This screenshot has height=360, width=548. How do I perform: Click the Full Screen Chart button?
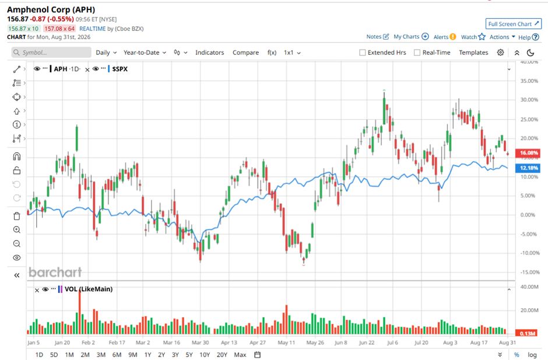pos(514,24)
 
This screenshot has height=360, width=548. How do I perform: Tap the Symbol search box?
pos(51,53)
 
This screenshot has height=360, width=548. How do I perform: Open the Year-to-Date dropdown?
pos(145,53)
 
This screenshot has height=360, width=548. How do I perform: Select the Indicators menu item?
pos(210,53)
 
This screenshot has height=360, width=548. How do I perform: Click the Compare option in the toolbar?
pos(245,53)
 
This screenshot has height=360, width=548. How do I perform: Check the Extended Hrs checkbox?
pos(363,53)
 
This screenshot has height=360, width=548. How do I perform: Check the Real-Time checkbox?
pos(417,53)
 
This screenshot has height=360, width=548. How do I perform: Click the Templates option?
pos(473,53)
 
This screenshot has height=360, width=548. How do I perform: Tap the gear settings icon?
pos(500,53)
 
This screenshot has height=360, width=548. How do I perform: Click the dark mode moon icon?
pos(531,53)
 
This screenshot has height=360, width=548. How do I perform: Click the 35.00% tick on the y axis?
pos(529,81)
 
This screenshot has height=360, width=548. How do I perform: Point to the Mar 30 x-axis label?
pos(201,342)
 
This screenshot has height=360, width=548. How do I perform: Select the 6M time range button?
pos(117,355)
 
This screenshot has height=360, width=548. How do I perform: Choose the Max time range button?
pos(240,355)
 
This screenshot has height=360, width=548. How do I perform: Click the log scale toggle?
pos(532,355)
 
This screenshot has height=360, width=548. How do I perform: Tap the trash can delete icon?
pos(17,216)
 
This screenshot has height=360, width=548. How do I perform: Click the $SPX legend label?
pos(120,69)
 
